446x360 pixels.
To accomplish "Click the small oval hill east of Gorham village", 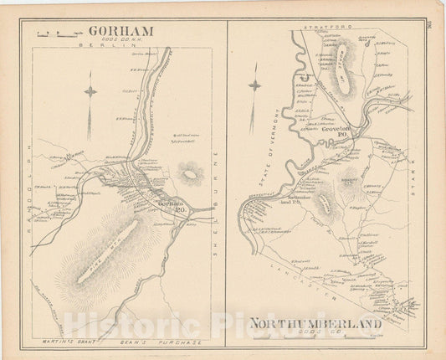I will (192, 174).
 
